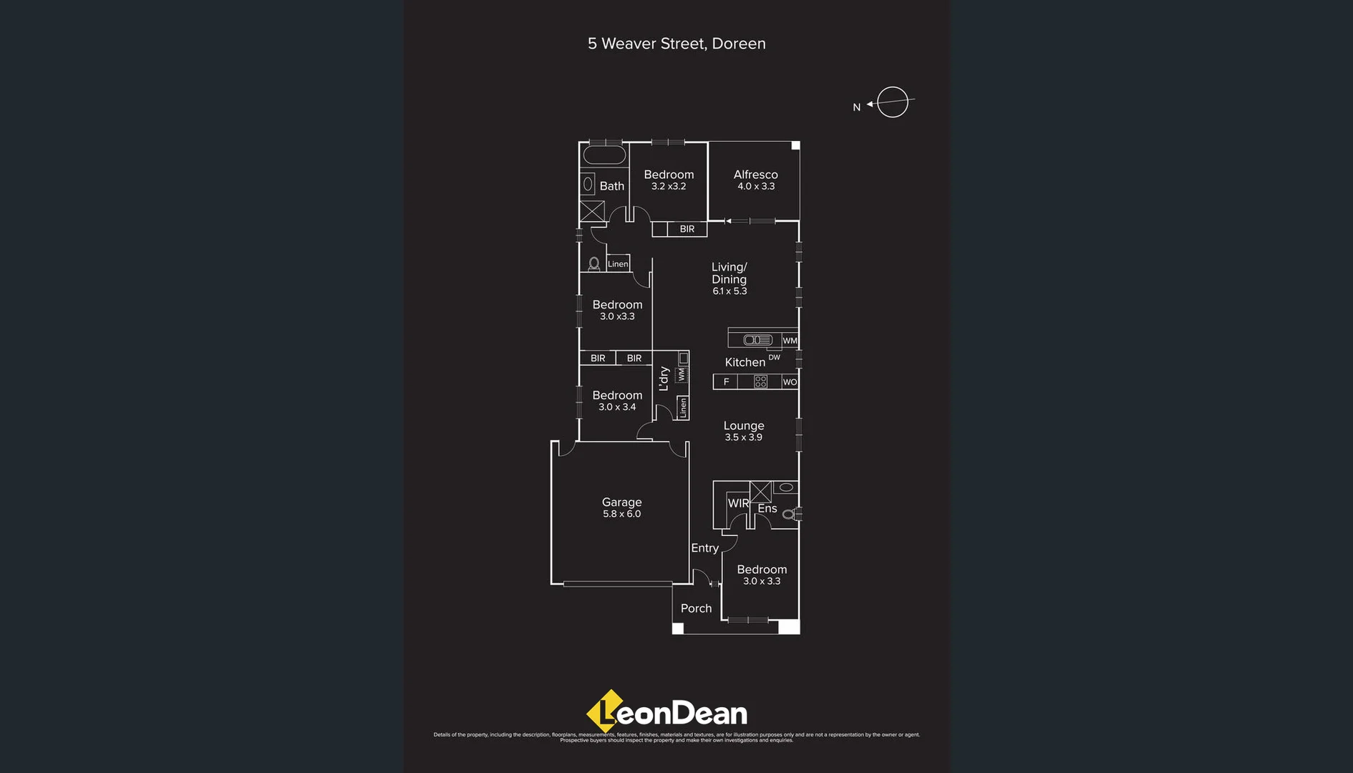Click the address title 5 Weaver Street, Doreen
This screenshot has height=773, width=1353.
click(x=676, y=44)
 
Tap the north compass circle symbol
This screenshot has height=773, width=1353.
click(x=892, y=102)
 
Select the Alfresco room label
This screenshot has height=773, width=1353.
click(x=755, y=175)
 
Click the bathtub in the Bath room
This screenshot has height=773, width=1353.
click(x=604, y=155)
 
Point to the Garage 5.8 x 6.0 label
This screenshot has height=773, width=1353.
click(x=621, y=507)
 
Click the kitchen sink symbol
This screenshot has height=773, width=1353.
click(x=757, y=340)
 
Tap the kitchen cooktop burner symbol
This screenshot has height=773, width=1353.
click(x=760, y=382)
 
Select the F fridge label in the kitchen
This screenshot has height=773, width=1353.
click(x=726, y=382)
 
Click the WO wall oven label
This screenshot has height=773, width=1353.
click(x=790, y=382)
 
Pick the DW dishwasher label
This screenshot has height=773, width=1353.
click(x=774, y=357)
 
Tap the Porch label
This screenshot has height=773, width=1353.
click(x=696, y=608)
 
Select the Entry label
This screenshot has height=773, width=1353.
click(x=704, y=548)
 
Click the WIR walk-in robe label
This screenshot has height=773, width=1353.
click(x=738, y=503)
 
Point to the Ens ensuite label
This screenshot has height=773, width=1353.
click(x=767, y=508)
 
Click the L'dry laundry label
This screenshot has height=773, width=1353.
click(x=664, y=378)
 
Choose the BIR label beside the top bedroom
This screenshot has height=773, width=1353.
click(x=687, y=229)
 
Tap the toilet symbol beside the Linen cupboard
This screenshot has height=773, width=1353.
click(x=593, y=263)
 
